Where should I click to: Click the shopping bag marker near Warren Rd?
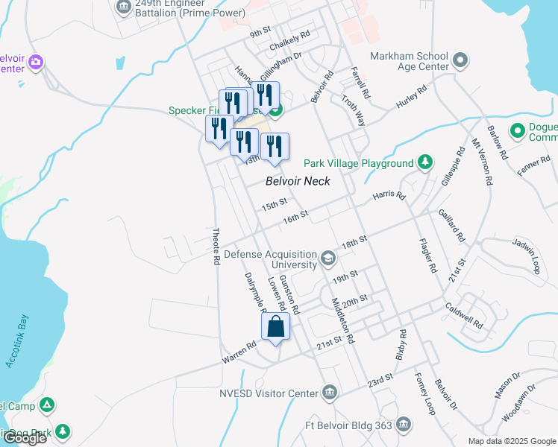point(275,326)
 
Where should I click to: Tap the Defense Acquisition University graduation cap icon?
point(327,259)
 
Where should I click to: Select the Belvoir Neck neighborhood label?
point(298,181)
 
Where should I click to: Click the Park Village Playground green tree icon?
point(424,162)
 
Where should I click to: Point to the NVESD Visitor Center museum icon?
point(330,392)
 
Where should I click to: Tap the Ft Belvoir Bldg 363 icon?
point(404,424)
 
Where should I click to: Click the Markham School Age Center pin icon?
point(460,60)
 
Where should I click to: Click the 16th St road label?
point(295,217)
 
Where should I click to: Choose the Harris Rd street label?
point(389,197)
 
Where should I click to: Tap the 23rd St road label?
point(380,380)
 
